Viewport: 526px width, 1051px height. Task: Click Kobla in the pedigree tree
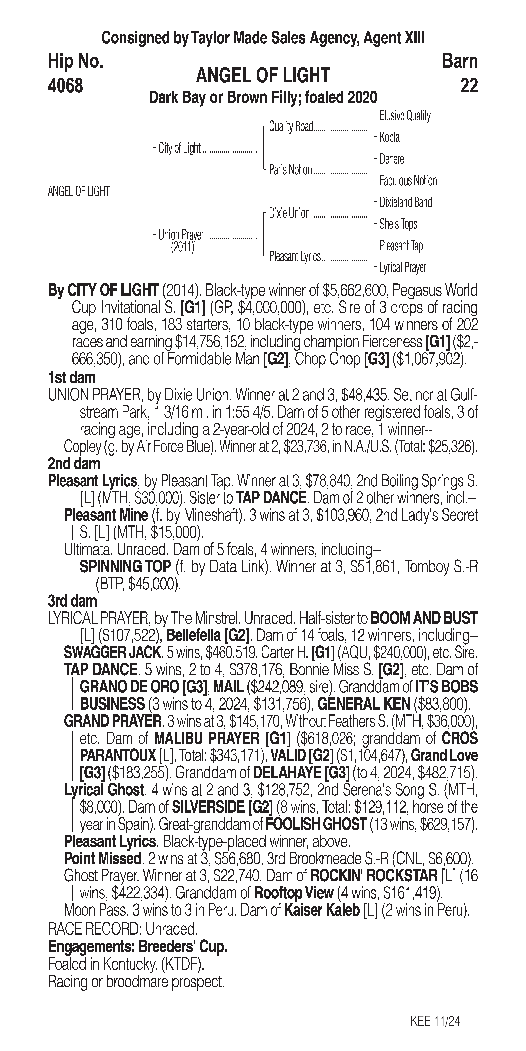point(389,138)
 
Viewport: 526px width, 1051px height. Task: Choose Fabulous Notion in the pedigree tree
point(408,181)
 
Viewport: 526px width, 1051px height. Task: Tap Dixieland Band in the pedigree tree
point(405,202)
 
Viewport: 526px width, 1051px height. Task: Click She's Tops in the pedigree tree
point(398,224)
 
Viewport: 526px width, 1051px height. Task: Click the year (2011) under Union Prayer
point(182,247)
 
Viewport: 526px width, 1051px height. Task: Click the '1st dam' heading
point(72,378)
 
